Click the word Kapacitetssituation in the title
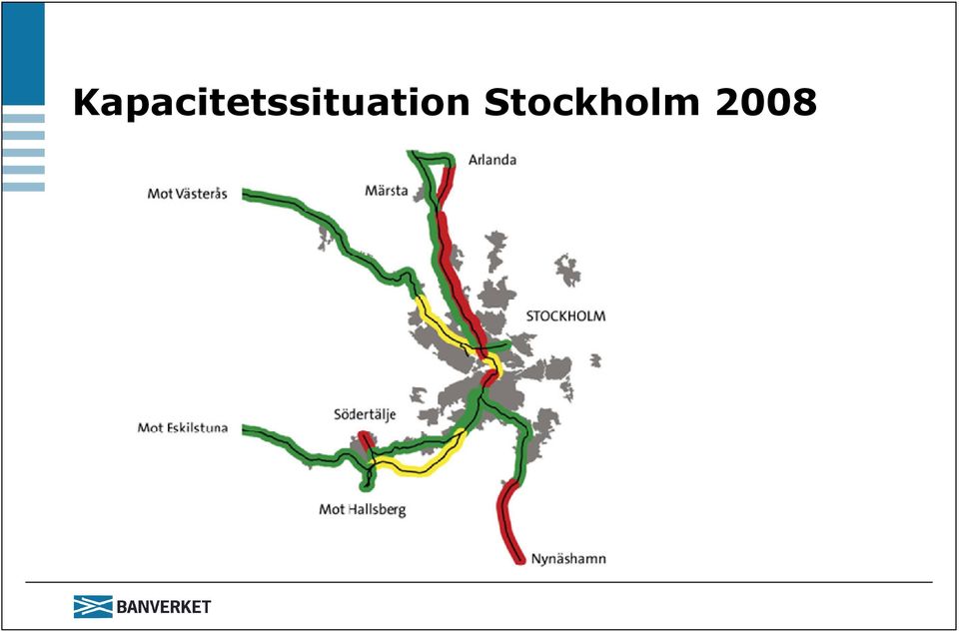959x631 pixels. (x=271, y=103)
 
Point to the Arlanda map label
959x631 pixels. (x=492, y=160)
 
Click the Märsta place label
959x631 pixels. (x=387, y=191)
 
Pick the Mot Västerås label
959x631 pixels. (x=187, y=194)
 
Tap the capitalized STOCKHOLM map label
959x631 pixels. (x=565, y=316)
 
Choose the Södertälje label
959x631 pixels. (x=365, y=415)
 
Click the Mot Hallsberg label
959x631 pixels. (x=362, y=509)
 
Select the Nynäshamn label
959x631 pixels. (x=568, y=559)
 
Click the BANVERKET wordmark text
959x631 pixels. (x=163, y=607)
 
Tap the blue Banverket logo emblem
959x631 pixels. (x=93, y=607)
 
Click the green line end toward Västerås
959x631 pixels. (x=246, y=195)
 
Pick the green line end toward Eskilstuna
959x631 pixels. (x=246, y=430)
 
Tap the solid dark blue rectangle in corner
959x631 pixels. (x=23, y=54)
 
